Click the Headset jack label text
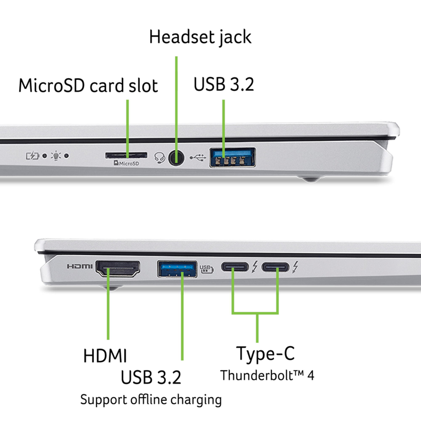(200, 37)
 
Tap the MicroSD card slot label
(88, 86)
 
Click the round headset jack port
(176, 157)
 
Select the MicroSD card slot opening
(126, 155)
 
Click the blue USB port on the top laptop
(232, 157)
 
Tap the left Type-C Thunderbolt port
(235, 267)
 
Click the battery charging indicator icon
(32, 156)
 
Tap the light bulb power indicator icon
(56, 156)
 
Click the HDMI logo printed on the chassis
(80, 266)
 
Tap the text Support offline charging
(151, 399)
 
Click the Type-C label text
(265, 354)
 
